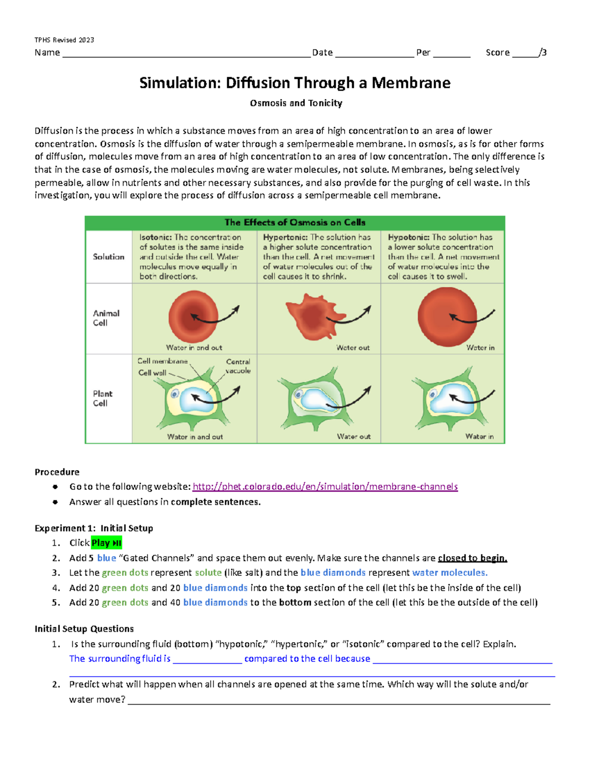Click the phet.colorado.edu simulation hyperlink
coord(325,486)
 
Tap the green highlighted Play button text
coord(106,543)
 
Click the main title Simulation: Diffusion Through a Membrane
coord(295,83)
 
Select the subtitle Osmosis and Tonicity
coord(296,103)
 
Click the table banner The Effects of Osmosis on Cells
coord(295,223)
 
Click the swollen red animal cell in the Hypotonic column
coord(446,317)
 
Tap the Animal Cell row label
coord(106,318)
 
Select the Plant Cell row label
coord(103,398)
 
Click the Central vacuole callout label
coord(238,366)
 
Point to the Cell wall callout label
coord(152,373)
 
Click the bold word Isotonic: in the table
coord(155,237)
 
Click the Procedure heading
coord(57,472)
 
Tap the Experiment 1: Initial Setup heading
coord(94,528)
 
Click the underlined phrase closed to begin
coord(472,558)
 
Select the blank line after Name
coord(186,53)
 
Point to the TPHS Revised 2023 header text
coord(64,40)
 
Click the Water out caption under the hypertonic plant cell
coord(354,436)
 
